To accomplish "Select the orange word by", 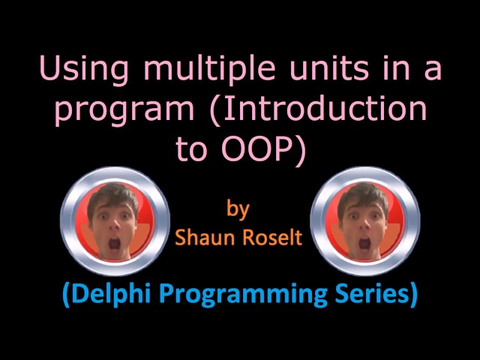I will (238, 208).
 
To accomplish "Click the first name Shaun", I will (203, 238).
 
